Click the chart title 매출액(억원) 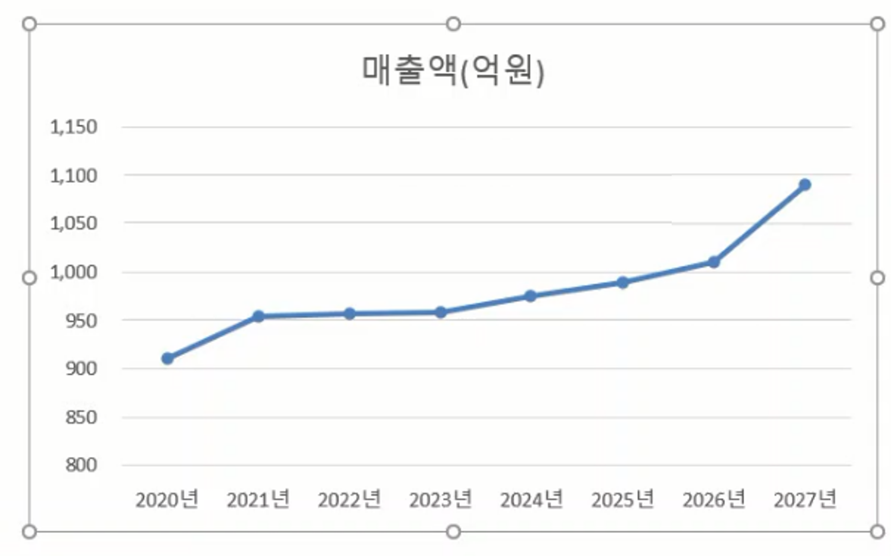[453, 71]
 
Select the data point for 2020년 [167, 358]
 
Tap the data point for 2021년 [258, 316]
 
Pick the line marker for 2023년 [441, 312]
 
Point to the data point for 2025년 [623, 282]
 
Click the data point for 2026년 [714, 262]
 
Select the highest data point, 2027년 [805, 184]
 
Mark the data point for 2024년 [530, 296]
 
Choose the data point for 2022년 [350, 314]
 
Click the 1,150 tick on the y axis [74, 127]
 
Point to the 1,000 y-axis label [74, 272]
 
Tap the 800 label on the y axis [81, 465]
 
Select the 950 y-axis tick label [81, 321]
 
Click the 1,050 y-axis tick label [74, 223]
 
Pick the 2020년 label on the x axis [167, 500]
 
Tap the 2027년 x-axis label [805, 500]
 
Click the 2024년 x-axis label [531, 500]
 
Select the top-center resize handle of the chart [453, 24]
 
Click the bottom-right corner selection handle [877, 532]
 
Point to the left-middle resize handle [29, 278]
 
